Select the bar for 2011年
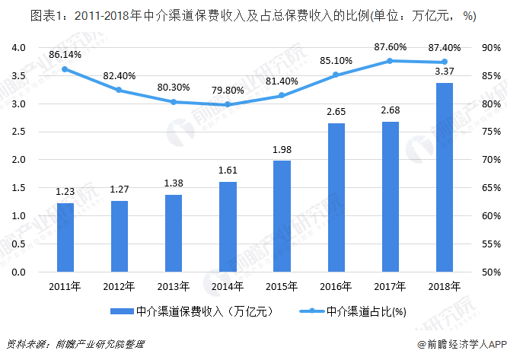[65, 237]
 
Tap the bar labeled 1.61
[228, 227]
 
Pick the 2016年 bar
[336, 198]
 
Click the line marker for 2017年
[391, 61]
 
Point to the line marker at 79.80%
[228, 104]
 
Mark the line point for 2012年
[120, 90]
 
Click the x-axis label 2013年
[174, 287]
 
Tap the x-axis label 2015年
[282, 287]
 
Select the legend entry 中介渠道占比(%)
[359, 311]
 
